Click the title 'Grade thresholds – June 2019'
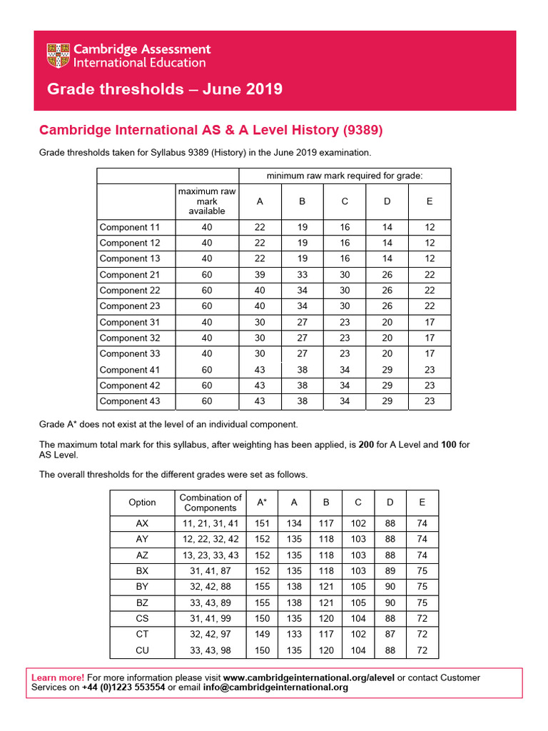[164, 89]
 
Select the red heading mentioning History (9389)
[210, 130]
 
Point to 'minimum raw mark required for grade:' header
[345, 176]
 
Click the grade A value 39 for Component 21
[260, 275]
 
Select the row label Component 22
[129, 291]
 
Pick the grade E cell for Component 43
[430, 401]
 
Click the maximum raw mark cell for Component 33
[207, 353]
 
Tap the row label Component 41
[129, 370]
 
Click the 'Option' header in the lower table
[142, 503]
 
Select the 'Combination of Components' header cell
[210, 503]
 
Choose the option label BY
[142, 587]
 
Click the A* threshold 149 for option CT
[262, 634]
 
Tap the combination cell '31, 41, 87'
[210, 571]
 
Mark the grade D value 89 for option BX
[390, 571]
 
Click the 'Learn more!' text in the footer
[58, 677]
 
